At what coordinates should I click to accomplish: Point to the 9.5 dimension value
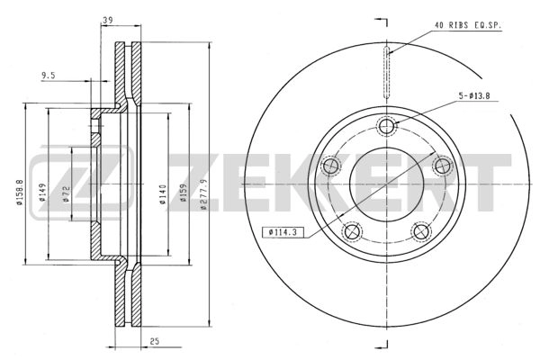point(49,76)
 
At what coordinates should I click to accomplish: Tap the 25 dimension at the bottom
point(156,341)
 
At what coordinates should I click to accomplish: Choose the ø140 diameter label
point(163,193)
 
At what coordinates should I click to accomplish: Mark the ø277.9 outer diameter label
point(205,193)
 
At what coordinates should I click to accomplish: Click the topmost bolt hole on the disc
point(387,126)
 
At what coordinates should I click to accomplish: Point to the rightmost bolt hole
point(442,166)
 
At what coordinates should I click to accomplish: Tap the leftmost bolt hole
point(331,166)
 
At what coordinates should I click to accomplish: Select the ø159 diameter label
point(184,193)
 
